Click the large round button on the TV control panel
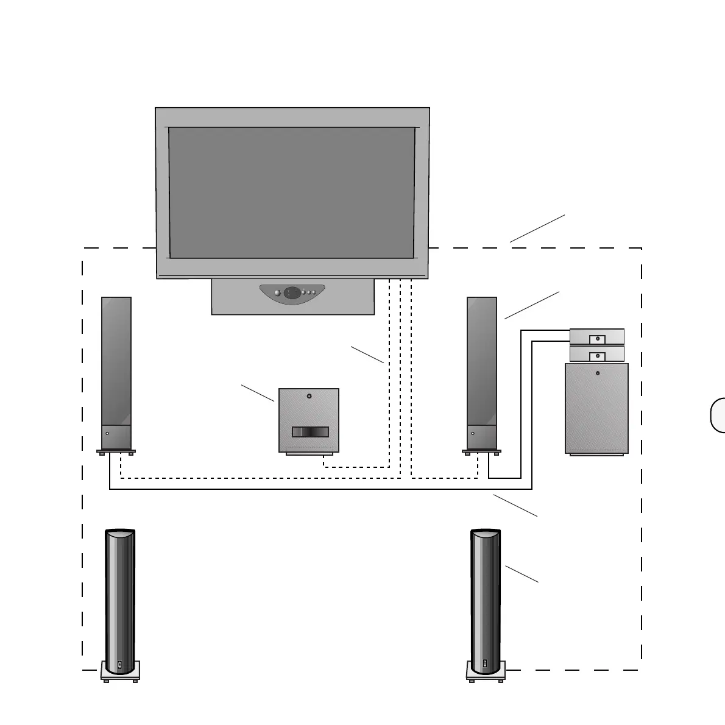(278, 293)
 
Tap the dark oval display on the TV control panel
(292, 292)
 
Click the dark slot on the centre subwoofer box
(310, 432)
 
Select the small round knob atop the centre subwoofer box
(309, 397)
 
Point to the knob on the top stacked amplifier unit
(597, 338)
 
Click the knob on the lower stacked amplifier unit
(597, 355)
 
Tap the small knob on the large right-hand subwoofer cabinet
(598, 373)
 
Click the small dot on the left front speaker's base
(107, 433)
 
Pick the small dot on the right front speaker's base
(473, 433)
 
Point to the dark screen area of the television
(292, 193)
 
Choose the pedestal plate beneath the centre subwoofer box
(309, 454)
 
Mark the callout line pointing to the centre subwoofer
(258, 393)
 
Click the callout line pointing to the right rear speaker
(522, 574)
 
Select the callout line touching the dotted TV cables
(367, 355)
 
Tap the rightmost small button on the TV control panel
(314, 293)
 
